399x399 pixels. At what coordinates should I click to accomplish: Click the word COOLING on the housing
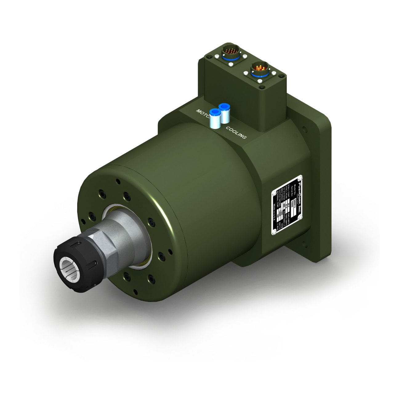tap(236, 132)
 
